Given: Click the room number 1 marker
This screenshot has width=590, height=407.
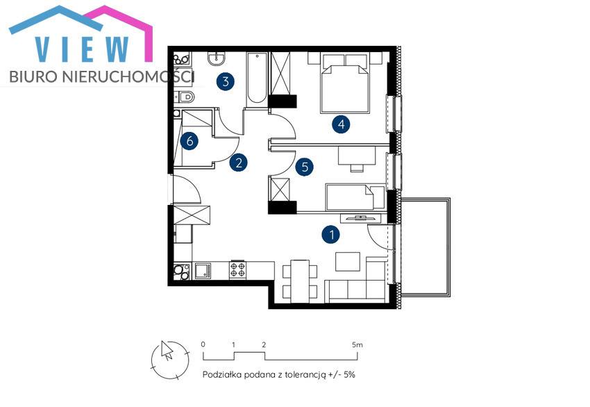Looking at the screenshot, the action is pyautogui.click(x=331, y=235).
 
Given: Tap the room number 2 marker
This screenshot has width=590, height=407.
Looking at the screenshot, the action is pyautogui.click(x=238, y=163).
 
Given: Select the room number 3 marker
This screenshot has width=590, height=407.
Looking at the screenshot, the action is pyautogui.click(x=226, y=81).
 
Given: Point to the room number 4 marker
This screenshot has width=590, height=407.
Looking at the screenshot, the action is pyautogui.click(x=341, y=124).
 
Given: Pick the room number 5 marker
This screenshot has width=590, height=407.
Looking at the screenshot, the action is pyautogui.click(x=305, y=167).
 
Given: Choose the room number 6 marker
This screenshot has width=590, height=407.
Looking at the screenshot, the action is pyautogui.click(x=189, y=141).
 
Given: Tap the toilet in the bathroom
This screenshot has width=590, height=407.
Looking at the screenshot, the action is pyautogui.click(x=185, y=97).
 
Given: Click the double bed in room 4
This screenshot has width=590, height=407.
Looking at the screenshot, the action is pyautogui.click(x=344, y=83).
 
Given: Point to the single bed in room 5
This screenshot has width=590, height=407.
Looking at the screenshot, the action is pyautogui.click(x=355, y=197).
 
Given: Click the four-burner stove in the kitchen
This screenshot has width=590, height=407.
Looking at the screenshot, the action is pyautogui.click(x=238, y=270).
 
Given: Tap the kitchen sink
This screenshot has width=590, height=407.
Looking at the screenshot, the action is pyautogui.click(x=203, y=270).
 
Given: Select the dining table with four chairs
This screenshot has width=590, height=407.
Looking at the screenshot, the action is pyautogui.click(x=300, y=281).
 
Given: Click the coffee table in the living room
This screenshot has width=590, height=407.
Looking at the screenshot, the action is pyautogui.click(x=348, y=262).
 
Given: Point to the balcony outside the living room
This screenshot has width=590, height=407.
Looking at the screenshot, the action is pyautogui.click(x=425, y=247).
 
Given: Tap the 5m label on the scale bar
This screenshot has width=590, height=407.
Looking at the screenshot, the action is pyautogui.click(x=357, y=344).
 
